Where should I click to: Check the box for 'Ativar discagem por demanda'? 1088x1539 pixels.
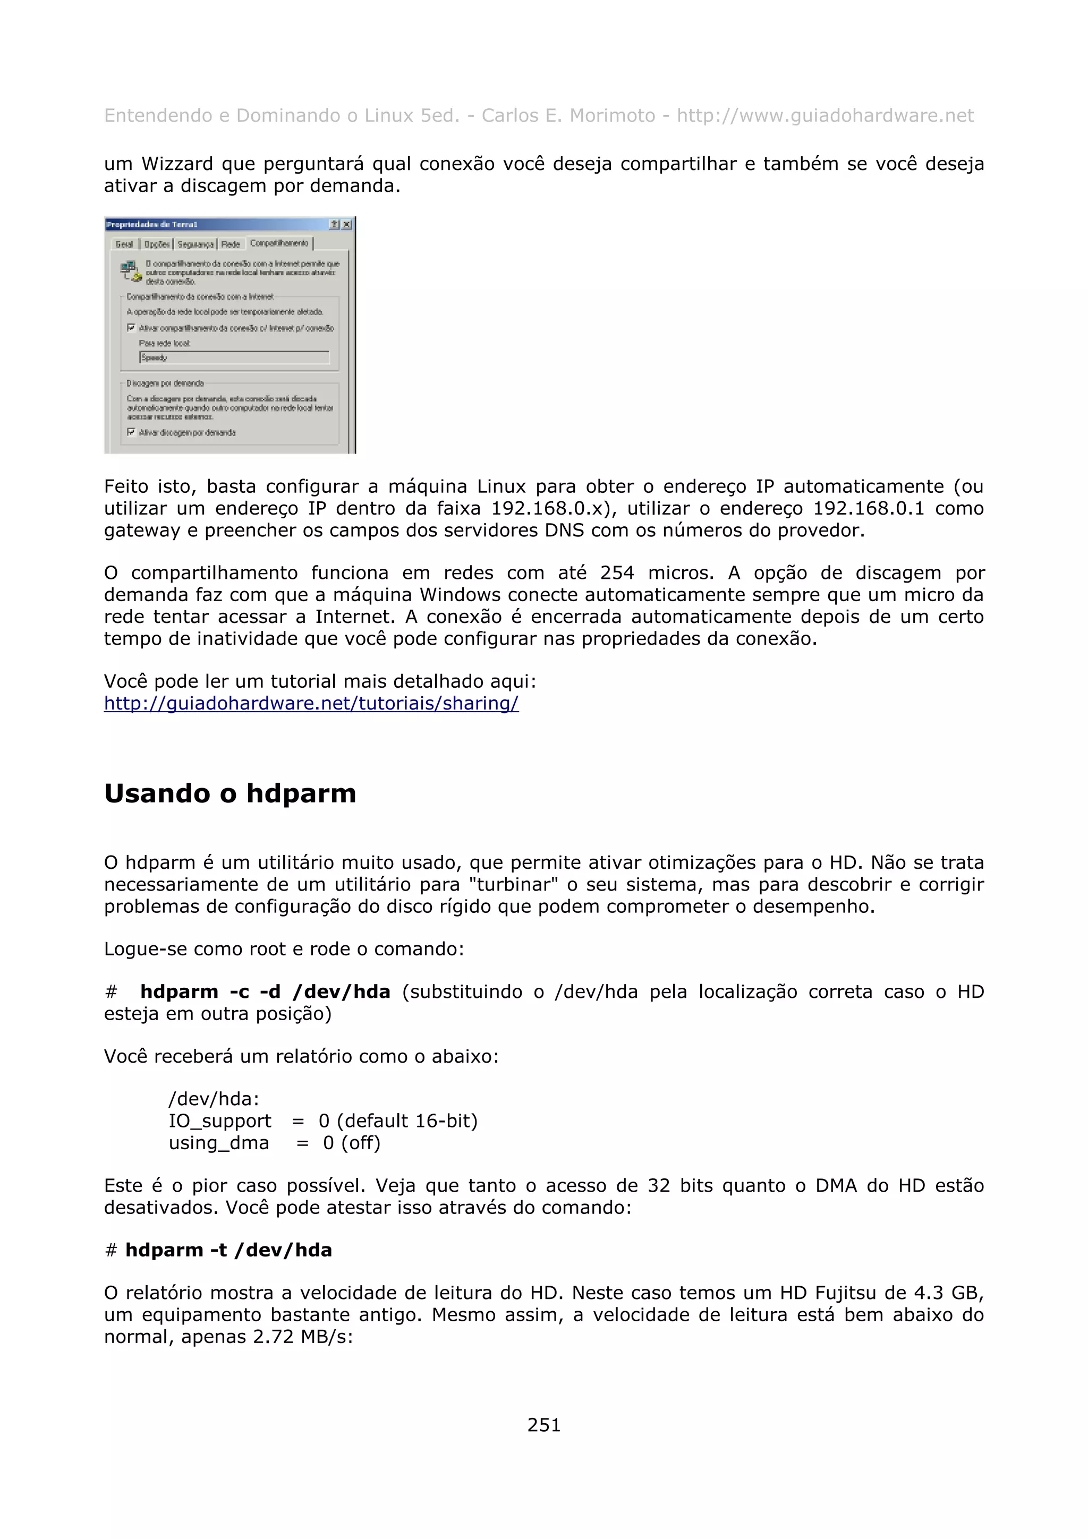click(x=131, y=432)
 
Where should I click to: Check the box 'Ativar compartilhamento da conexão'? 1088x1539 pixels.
click(x=131, y=328)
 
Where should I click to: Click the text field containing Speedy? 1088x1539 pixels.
click(x=234, y=358)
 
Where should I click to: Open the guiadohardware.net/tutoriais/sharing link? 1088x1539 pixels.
click(x=311, y=703)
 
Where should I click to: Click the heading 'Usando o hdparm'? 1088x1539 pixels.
click(x=230, y=793)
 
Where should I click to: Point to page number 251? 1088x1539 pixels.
click(x=543, y=1424)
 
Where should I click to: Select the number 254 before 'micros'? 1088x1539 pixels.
click(x=617, y=572)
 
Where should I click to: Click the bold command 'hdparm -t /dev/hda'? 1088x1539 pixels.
click(x=228, y=1250)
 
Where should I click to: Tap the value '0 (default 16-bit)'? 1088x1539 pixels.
click(x=398, y=1121)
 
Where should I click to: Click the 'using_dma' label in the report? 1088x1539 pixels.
click(x=218, y=1143)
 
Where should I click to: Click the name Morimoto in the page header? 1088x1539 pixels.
click(x=612, y=115)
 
